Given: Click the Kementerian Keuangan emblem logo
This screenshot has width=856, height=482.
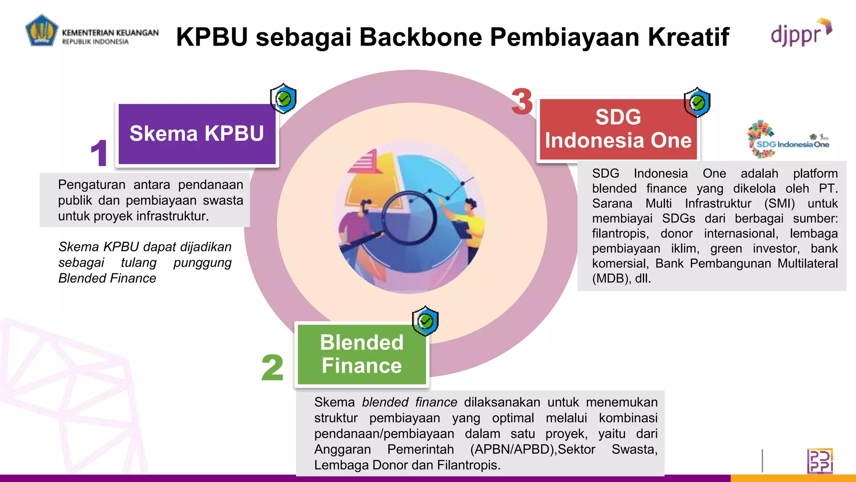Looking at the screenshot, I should point(41,31).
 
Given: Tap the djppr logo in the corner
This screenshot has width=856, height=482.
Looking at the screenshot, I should point(800,33).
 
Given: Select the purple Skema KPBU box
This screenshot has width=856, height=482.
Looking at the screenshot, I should point(197,134).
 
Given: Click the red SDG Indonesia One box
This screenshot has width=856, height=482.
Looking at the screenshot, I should point(618,129).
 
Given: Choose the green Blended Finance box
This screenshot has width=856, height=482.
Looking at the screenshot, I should point(362,354).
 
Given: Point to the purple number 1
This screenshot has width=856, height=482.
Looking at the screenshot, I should point(99,153).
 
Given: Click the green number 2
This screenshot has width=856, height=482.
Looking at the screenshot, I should point(272,368).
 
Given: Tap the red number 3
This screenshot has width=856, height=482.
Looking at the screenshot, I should point(522,102).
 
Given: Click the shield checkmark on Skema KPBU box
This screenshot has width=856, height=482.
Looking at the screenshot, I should point(283,99).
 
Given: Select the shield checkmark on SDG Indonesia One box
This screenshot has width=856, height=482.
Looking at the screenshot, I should point(697,103).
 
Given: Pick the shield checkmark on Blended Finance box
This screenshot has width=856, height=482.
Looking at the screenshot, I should point(425,321).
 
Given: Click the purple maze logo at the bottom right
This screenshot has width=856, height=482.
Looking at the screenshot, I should point(820,461).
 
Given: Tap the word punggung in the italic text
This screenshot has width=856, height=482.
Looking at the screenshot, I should point(202,263).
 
